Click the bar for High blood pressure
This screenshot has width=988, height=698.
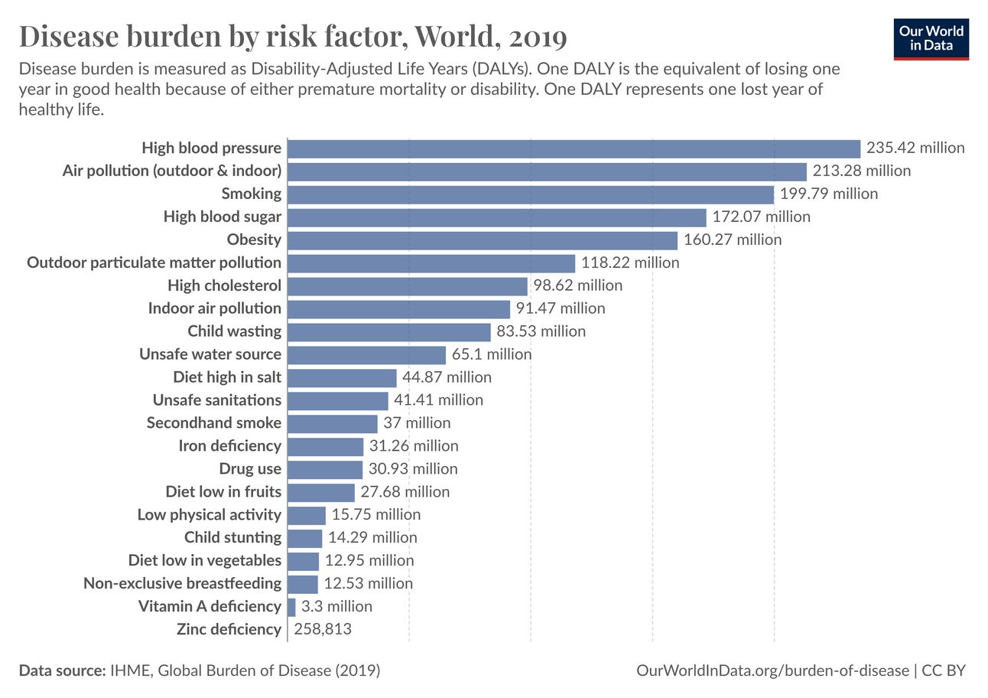coord(574,148)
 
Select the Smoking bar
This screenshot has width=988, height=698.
coord(531,194)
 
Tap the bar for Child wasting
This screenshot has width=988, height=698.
coord(389,332)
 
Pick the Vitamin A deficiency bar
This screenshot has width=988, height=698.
coord(291,607)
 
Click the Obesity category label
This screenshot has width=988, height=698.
coord(254,240)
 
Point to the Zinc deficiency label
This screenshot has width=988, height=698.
coord(229,630)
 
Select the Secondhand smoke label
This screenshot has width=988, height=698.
coord(214,423)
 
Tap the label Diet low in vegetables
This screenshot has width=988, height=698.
coord(205,561)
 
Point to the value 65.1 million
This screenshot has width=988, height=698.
coord(492,354)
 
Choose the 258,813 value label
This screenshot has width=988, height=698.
coord(323,630)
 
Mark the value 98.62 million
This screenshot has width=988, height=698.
coord(578,285)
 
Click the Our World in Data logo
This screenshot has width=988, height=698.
coord(931,38)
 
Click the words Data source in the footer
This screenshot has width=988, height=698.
coord(62,671)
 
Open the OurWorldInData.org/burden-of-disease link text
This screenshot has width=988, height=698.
coord(772,671)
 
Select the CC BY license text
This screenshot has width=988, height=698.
coord(944,671)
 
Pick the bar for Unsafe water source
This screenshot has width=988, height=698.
coord(366,355)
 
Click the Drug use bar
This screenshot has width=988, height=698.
coord(325,469)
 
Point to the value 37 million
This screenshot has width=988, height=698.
coord(417,423)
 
